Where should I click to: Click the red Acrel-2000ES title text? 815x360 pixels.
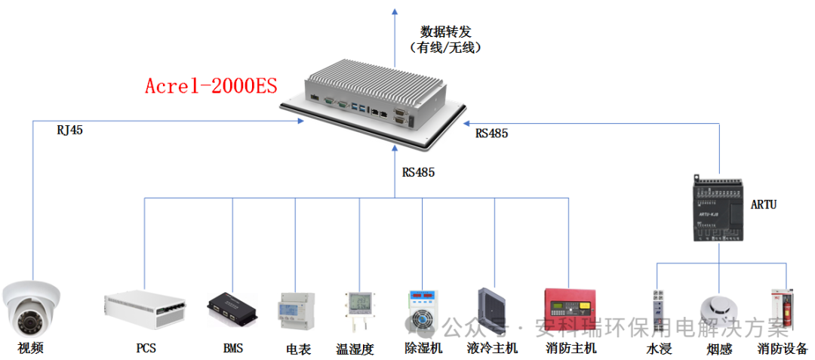pyautogui.click(x=211, y=85)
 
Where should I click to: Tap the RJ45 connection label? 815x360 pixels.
pyautogui.click(x=70, y=130)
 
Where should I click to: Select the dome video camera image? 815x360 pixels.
pyautogui.click(x=31, y=309)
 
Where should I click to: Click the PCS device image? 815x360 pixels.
pyautogui.click(x=145, y=309)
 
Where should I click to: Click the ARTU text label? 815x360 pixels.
pyautogui.click(x=763, y=205)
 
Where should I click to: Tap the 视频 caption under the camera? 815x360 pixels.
pyautogui.click(x=30, y=348)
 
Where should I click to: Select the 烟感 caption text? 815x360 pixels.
pyautogui.click(x=719, y=349)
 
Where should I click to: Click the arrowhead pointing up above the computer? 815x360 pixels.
pyautogui.click(x=395, y=10)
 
